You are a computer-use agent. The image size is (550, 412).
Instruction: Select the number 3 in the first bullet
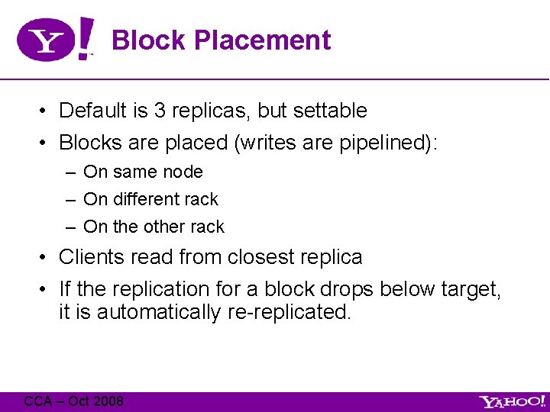[x=160, y=111]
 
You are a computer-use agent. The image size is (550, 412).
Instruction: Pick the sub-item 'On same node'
[x=143, y=172]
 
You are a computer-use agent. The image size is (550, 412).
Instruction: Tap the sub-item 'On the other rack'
[x=154, y=227]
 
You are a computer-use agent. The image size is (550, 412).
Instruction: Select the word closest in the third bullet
[x=260, y=257]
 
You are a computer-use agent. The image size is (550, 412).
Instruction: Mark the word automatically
[x=157, y=312]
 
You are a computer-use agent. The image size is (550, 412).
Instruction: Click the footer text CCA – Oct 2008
[x=73, y=401]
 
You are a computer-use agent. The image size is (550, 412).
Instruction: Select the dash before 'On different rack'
[x=70, y=200]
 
